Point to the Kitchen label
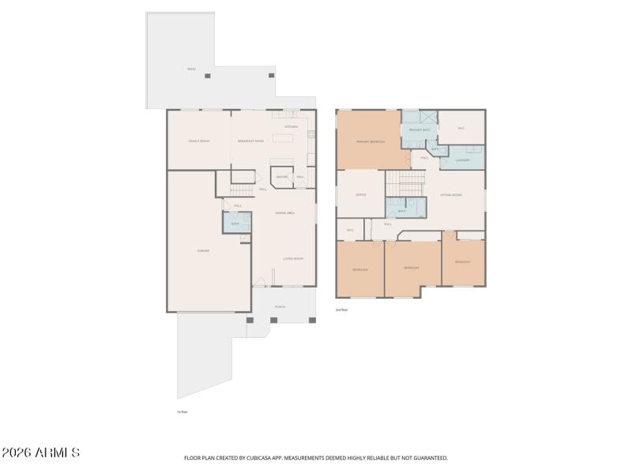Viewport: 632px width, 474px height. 291,126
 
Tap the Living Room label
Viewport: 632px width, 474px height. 293,258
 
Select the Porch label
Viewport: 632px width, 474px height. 280,307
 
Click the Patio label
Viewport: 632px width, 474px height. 191,70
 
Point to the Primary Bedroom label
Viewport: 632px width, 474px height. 370,141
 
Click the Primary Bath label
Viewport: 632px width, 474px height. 419,129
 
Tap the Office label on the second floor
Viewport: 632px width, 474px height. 360,194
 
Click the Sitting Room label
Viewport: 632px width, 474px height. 451,194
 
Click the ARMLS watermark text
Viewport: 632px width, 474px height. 40,453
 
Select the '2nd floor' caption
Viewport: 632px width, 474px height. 341,310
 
